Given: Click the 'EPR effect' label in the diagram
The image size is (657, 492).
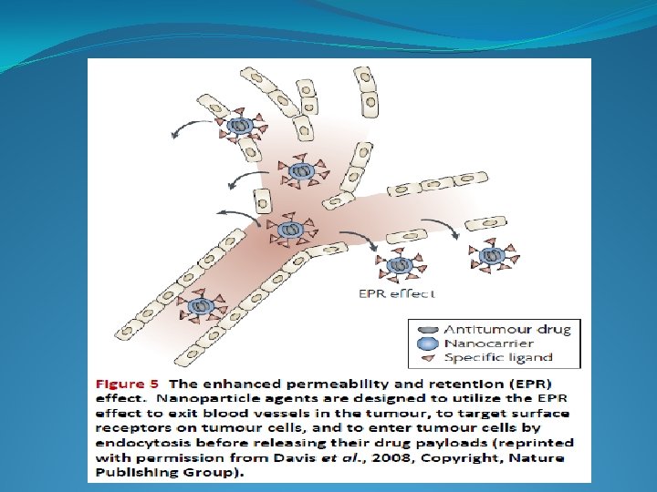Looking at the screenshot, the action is pyautogui.click(x=395, y=293).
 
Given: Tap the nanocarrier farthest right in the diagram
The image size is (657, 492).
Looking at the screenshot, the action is pyautogui.click(x=492, y=257).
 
